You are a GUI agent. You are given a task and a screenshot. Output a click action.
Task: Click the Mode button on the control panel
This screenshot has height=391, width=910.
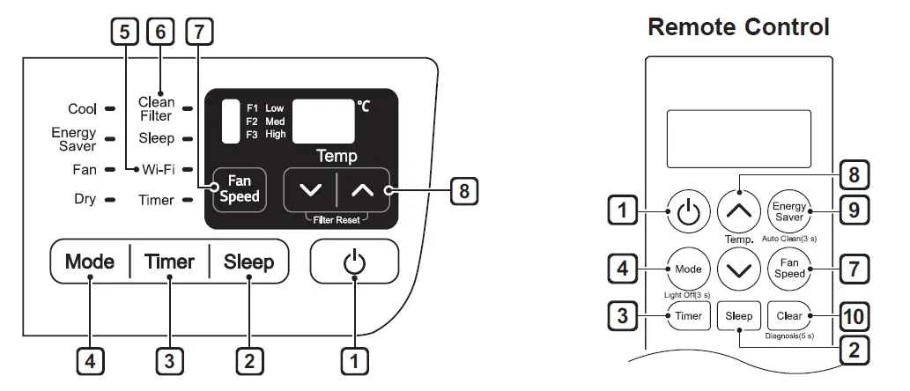[90, 262]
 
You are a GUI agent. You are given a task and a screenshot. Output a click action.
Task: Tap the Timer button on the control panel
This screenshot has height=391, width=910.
[169, 262]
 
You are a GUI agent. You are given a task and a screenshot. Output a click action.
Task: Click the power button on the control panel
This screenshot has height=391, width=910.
[354, 262]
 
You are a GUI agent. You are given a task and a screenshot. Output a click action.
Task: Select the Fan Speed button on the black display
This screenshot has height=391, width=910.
[240, 188]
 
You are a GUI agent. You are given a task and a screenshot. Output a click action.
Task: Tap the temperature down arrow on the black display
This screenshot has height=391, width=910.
[310, 189]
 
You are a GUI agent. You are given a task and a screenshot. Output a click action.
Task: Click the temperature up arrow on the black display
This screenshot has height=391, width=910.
[363, 189]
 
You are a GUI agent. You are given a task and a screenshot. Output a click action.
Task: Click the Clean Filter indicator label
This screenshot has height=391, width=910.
[156, 108]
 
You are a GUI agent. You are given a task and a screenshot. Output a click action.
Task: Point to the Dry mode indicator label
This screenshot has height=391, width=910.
[85, 200]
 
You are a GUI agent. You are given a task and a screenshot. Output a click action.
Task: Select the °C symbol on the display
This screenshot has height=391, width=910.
[364, 107]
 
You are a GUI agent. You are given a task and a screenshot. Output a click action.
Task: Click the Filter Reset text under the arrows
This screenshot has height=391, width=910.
[335, 218]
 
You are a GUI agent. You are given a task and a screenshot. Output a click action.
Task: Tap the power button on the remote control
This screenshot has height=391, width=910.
[690, 210]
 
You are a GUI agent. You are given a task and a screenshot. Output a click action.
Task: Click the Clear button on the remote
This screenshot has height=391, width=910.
[789, 315]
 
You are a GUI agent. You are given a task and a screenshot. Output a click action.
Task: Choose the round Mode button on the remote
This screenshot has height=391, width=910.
[690, 269]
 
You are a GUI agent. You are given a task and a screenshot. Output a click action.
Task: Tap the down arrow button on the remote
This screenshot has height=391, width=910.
[740, 269]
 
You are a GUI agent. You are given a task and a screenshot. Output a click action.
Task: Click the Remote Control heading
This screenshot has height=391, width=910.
[738, 27]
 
